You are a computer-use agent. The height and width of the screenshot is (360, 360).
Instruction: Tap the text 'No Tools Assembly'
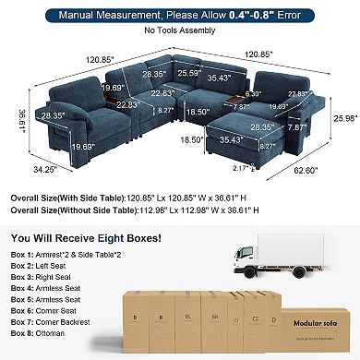pyautogui.click(x=179, y=30)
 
